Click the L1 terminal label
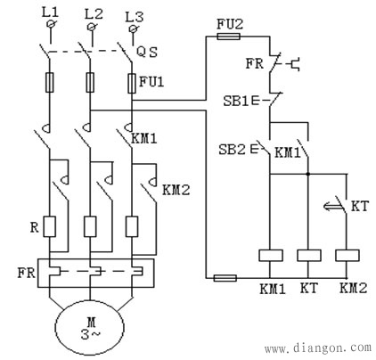click(51, 12)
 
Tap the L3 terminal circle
click(134, 29)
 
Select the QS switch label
click(147, 53)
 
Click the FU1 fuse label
click(151, 82)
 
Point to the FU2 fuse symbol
click(229, 37)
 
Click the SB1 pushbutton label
click(236, 102)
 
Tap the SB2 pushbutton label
click(232, 150)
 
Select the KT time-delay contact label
click(360, 206)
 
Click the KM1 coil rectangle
click(270, 256)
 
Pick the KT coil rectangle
click(309, 256)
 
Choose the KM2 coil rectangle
click(347, 256)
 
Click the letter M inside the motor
click(91, 322)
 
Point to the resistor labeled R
click(50, 226)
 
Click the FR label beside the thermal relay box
click(27, 273)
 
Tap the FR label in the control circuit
click(255, 63)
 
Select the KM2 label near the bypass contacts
click(176, 190)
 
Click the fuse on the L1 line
click(50, 82)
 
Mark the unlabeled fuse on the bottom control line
click(225, 278)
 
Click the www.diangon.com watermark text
click(318, 348)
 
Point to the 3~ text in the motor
click(91, 335)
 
